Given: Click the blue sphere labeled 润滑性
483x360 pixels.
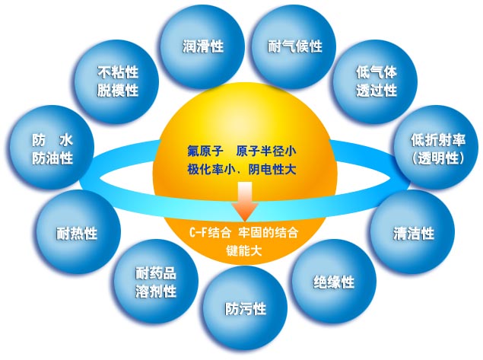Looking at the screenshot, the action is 202,47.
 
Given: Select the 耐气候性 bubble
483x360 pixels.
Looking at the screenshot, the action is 294,47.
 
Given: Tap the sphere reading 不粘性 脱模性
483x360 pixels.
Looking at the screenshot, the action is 116,81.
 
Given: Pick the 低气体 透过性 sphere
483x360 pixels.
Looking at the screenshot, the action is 376,81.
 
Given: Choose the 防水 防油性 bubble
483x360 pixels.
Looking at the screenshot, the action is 52,148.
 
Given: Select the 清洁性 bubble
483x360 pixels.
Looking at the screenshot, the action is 412,232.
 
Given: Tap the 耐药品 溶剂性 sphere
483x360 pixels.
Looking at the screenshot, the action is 156,282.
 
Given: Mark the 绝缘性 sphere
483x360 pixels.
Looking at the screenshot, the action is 334,282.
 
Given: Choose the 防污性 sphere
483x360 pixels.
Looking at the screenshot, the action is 245,308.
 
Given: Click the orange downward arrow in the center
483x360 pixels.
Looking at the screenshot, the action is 245,201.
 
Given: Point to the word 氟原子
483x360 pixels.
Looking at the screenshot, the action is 205,151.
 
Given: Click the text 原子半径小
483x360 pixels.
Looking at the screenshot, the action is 266,151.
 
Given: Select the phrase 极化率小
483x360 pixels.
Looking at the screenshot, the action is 205,169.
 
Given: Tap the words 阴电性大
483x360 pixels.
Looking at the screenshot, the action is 272,169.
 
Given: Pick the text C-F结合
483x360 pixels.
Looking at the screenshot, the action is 210,233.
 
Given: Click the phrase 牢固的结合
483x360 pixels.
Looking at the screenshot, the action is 269,233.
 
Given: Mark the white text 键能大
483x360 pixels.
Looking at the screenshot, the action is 244,250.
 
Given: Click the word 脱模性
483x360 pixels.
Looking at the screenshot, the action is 117,91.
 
